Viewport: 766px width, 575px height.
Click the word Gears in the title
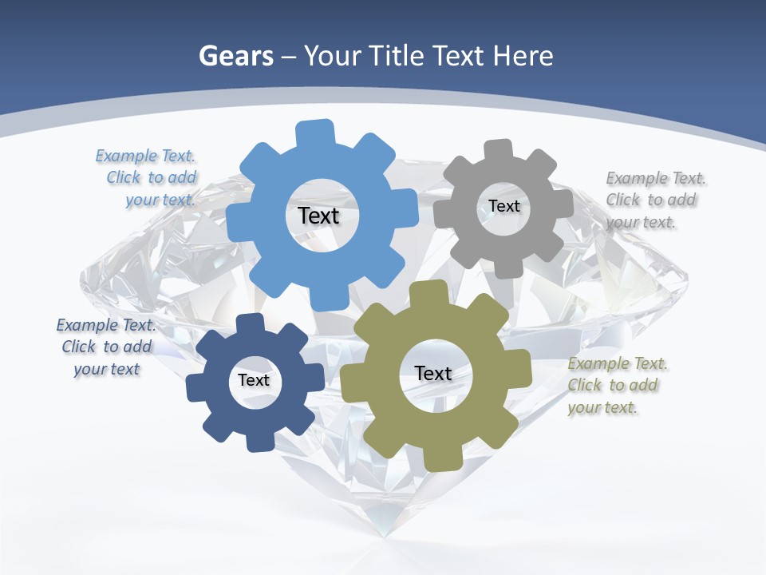pyautogui.click(x=235, y=56)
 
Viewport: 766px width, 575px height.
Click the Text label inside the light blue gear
pyautogui.click(x=319, y=216)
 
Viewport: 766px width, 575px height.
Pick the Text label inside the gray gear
pyautogui.click(x=504, y=206)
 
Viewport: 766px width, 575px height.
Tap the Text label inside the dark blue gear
pyautogui.click(x=254, y=380)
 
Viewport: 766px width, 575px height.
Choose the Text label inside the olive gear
pyautogui.click(x=433, y=373)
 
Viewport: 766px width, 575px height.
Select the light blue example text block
pyautogui.click(x=147, y=178)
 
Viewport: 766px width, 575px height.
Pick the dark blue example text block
pyautogui.click(x=106, y=347)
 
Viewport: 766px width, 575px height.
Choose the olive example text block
pyautogui.click(x=617, y=386)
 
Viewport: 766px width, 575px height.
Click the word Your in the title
pyautogui.click(x=333, y=56)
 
